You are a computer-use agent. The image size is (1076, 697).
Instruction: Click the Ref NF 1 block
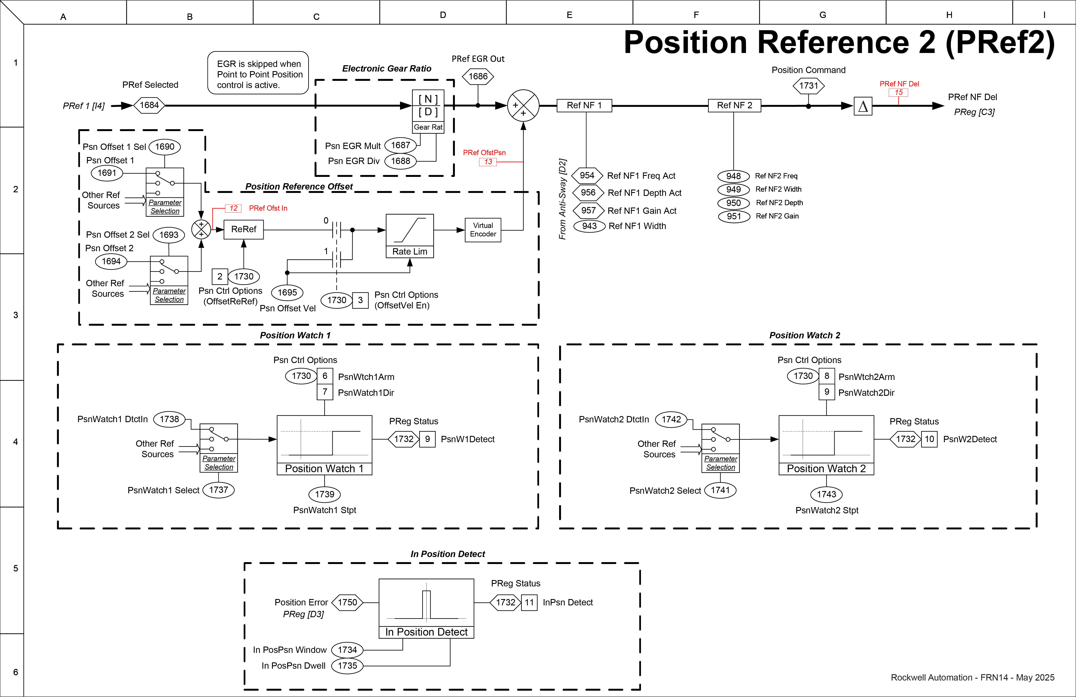[584, 105]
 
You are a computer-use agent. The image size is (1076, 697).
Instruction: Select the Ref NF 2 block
[734, 105]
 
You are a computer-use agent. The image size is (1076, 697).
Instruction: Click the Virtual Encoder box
[483, 230]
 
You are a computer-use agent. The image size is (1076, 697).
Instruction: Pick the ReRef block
[244, 229]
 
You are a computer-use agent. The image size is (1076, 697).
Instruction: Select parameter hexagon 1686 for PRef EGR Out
[478, 76]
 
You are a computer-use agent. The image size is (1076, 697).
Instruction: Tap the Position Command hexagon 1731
[808, 85]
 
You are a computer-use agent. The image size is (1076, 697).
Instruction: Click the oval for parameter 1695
[287, 293]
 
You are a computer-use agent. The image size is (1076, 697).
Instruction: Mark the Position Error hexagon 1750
[347, 602]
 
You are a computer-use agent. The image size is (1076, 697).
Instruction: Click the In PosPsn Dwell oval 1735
[347, 666]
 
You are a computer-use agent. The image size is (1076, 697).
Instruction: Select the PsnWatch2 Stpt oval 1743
[826, 494]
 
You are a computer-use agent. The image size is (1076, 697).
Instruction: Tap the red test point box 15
[898, 92]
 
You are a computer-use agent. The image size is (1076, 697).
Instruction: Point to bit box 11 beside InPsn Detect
[529, 602]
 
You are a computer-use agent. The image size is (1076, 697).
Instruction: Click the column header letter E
[569, 15]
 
